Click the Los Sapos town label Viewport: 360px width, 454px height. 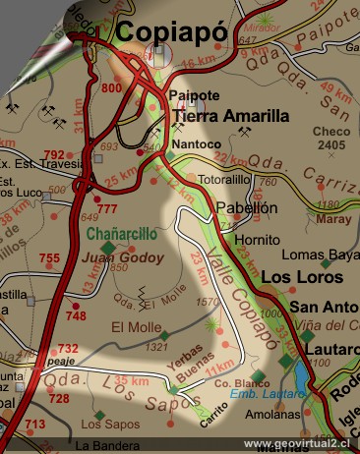pyautogui.click(x=104, y=425)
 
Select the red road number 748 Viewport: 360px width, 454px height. pyautogui.click(x=75, y=315)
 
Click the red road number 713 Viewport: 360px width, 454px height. pyautogui.click(x=34, y=425)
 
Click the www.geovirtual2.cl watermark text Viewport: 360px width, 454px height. pyautogui.click(x=298, y=443)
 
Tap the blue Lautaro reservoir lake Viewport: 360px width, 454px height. pyautogui.click(x=299, y=373)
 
